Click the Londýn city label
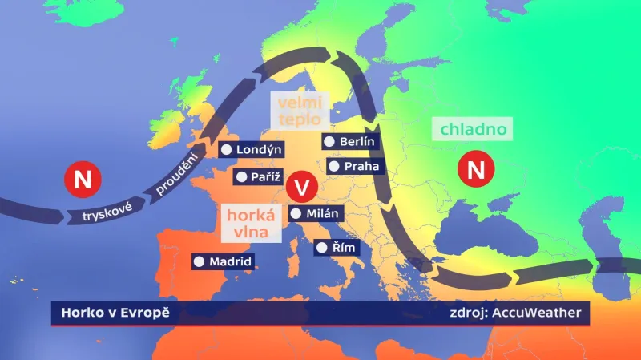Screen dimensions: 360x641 pyautogui.click(x=252, y=150)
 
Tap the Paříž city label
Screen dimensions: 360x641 pyautogui.click(x=260, y=176)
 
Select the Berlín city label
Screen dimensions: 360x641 pyautogui.click(x=350, y=142)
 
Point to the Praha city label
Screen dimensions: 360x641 pyautogui.click(x=356, y=167)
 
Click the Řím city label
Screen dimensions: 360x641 pyautogui.click(x=337, y=248)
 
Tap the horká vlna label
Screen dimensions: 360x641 pyautogui.click(x=252, y=224)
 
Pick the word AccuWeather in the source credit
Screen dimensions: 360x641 pyautogui.click(x=538, y=312)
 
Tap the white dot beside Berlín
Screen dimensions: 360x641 pyautogui.click(x=329, y=142)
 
